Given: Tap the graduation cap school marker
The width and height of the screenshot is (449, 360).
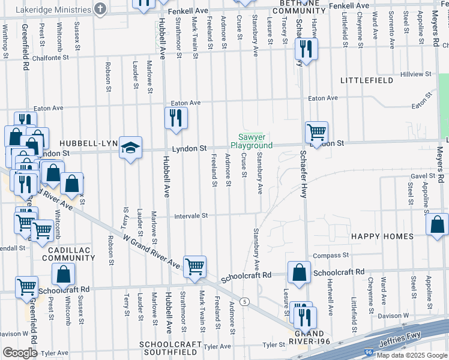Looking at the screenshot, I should (129, 148).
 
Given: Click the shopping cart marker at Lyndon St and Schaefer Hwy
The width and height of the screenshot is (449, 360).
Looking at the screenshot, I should (316, 131).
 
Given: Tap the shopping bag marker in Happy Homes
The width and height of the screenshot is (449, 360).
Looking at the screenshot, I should (437, 224).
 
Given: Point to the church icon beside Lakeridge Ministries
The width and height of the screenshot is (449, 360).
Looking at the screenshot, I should (100, 9).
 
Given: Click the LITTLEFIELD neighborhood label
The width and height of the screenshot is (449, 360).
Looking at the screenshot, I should (366, 80).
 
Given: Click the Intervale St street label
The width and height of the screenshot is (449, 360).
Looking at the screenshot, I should (191, 215).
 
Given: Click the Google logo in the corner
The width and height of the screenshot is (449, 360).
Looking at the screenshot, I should (20, 353).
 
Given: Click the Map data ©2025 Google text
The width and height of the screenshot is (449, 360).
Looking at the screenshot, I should (411, 355).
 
